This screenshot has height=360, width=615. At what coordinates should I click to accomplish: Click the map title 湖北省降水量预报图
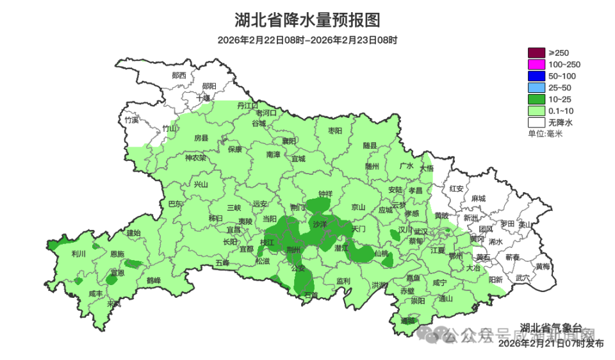click(307, 20)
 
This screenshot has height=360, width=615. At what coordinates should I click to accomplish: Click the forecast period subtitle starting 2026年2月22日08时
click(307, 40)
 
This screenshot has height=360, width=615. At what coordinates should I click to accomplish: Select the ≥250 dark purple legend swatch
click(536, 53)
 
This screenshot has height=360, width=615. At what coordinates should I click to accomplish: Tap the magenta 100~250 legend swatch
click(536, 64)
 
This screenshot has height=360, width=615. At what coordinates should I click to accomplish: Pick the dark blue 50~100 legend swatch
click(536, 76)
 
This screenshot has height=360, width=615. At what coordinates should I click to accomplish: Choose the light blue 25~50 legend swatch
click(536, 87)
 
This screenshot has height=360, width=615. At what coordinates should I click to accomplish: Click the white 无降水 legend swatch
click(536, 122)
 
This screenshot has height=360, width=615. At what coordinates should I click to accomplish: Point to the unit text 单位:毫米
click(545, 133)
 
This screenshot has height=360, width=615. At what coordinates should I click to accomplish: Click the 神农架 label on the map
click(195, 158)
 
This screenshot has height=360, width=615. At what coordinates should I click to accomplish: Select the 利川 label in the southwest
click(79, 253)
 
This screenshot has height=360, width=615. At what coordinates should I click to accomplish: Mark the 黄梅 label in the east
click(543, 266)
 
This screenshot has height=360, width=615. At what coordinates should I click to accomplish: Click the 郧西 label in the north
click(179, 75)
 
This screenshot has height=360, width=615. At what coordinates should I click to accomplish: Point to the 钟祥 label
click(326, 193)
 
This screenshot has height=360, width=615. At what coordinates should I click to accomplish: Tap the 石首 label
click(311, 295)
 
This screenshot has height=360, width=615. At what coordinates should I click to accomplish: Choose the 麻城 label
click(478, 199)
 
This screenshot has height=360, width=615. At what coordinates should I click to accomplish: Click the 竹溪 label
click(132, 120)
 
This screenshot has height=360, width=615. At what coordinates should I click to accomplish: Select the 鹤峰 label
click(154, 280)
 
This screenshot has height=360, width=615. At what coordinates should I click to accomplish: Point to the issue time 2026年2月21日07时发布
click(551, 344)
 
